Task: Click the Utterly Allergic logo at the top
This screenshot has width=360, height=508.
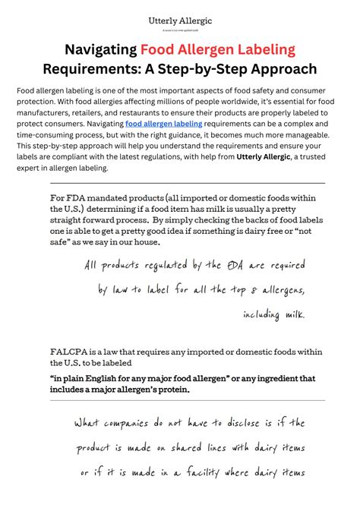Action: pos(179,22)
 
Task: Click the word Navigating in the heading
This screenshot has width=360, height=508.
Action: pos(99,50)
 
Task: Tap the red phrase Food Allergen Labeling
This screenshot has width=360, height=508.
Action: pos(217,50)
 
